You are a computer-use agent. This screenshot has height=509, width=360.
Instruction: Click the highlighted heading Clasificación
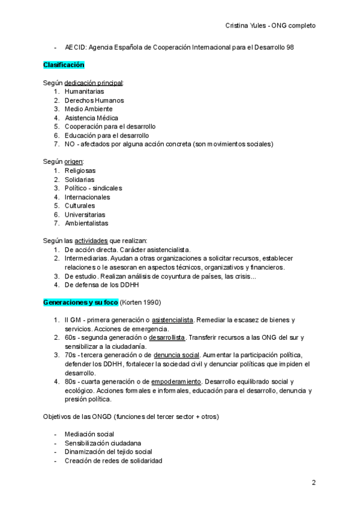point(63,64)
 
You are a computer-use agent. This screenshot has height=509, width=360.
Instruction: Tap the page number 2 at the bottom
point(313,483)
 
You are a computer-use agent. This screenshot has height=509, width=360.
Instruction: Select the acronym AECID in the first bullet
point(74,47)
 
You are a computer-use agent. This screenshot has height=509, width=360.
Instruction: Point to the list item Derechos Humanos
point(94,100)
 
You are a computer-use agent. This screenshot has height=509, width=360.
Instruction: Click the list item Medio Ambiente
point(88,109)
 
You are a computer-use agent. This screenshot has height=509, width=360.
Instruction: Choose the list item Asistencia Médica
point(91,118)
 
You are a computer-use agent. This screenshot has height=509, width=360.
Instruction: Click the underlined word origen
point(73,161)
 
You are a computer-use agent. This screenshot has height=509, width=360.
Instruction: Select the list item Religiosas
point(80,170)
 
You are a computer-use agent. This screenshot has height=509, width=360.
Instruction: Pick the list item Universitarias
point(85,214)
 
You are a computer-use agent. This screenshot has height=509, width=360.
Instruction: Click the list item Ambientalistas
point(86,223)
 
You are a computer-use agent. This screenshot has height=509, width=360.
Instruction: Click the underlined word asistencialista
point(173,320)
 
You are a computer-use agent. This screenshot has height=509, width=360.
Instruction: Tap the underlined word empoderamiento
point(176,381)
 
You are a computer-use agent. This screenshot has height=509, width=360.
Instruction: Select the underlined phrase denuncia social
point(176,355)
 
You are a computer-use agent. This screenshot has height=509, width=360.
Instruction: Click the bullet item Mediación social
point(89,434)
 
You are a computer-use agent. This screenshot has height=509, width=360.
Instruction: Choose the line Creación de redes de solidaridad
point(113,460)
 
